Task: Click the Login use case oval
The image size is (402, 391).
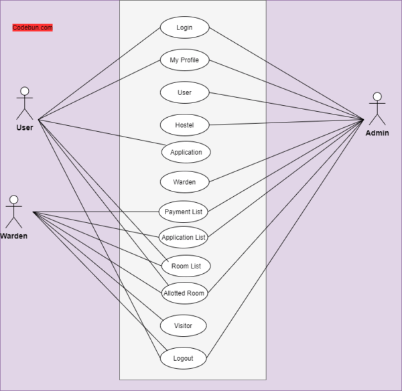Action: [x=184, y=27]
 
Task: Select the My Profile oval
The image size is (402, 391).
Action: [x=184, y=60]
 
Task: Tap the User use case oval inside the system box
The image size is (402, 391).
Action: [x=184, y=92]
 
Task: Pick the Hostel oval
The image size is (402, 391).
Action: [x=184, y=125]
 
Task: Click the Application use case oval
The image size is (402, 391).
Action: [x=186, y=152]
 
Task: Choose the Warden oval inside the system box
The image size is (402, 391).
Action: [x=184, y=181]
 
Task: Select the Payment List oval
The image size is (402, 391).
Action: [x=183, y=212]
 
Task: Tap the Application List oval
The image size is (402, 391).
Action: [x=183, y=237]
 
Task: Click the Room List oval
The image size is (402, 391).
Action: [x=186, y=266]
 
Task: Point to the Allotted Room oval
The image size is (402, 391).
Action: [x=184, y=293]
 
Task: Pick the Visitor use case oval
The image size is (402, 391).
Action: [x=183, y=325]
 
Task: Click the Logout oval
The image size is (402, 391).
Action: [x=183, y=358]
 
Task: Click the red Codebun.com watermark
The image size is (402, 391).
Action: [x=32, y=27]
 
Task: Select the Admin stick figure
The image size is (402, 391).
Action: [x=377, y=109]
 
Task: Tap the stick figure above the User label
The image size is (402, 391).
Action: [x=25, y=103]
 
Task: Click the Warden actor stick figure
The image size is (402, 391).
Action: [x=13, y=212]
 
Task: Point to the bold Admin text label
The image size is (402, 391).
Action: [x=377, y=133]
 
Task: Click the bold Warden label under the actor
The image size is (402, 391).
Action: [x=14, y=236]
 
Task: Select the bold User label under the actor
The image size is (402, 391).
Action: [x=24, y=127]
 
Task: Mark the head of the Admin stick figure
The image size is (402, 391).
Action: [x=377, y=96]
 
